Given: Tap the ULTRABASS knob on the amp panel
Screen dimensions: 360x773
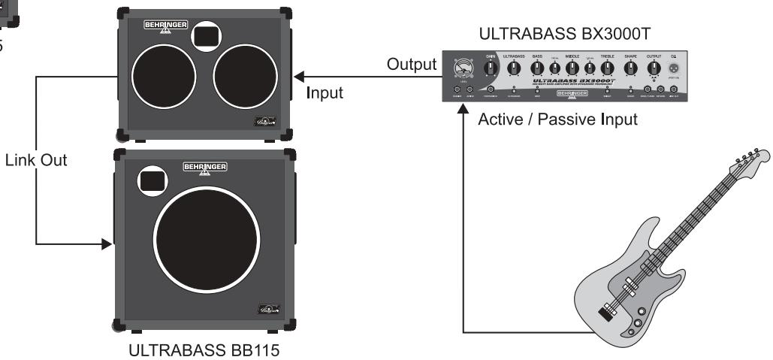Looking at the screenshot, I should [x=514, y=70].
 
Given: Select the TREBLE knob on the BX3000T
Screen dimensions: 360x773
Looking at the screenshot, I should [x=607, y=70].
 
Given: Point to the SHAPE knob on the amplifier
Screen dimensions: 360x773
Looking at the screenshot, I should [x=631, y=70].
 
